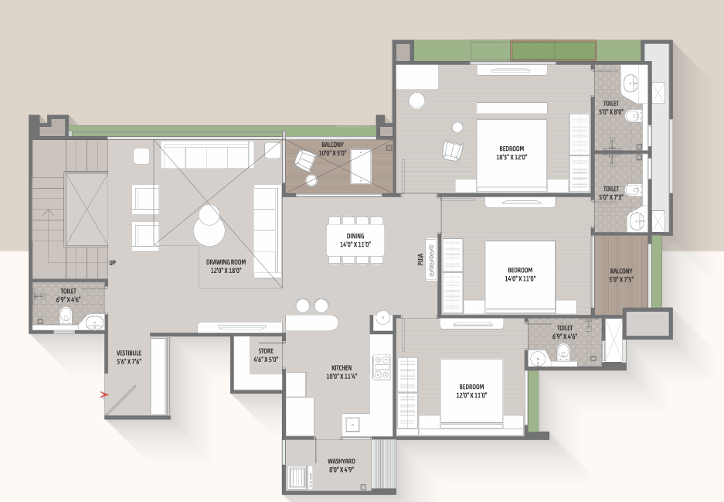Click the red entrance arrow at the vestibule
pyautogui.click(x=104, y=394)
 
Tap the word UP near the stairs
pyautogui.click(x=113, y=262)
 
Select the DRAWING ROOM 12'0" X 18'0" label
pyautogui.click(x=225, y=267)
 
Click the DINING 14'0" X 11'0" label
pyautogui.click(x=355, y=241)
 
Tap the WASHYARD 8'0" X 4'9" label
pyautogui.click(x=341, y=465)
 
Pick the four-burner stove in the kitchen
pyautogui.click(x=382, y=367)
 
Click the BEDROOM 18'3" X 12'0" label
pyautogui.click(x=512, y=152)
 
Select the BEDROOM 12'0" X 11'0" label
pyautogui.click(x=471, y=391)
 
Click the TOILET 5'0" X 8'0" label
pyautogui.click(x=610, y=107)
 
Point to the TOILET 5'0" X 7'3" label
pyautogui.click(x=610, y=193)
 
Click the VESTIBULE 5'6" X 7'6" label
pyautogui.click(x=128, y=357)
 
